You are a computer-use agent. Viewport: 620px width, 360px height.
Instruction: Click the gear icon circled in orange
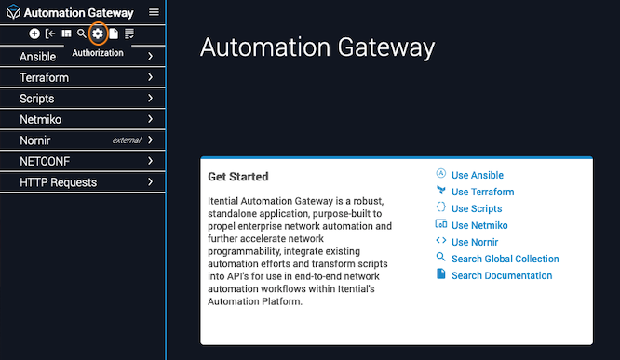[x=98, y=33]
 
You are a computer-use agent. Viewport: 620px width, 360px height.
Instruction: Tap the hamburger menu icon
[x=154, y=12]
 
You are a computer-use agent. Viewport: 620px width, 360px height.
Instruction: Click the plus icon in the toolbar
[x=34, y=33]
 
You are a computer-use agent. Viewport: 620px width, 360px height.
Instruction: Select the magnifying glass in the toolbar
[x=81, y=33]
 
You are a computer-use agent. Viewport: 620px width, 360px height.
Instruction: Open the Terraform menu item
[x=44, y=77]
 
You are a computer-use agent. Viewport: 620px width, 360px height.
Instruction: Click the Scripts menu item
[x=37, y=99]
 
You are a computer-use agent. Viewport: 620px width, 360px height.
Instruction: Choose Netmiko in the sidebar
[x=40, y=119]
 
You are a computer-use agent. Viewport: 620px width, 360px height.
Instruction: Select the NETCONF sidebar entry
[x=45, y=161]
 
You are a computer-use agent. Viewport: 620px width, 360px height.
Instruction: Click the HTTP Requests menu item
[x=58, y=182]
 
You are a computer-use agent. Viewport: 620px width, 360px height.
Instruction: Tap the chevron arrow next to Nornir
[x=150, y=140]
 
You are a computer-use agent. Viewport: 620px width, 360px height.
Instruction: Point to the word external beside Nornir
[x=127, y=140]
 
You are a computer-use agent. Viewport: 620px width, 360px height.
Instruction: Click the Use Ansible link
[x=478, y=175]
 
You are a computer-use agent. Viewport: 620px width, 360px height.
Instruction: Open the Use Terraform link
[x=483, y=192]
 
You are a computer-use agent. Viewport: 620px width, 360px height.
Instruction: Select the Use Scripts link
[x=477, y=208]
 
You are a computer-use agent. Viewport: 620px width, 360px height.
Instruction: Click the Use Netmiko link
[x=479, y=225]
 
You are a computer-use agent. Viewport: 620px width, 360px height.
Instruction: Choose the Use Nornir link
[x=475, y=242]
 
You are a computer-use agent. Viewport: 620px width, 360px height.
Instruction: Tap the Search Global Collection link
[x=505, y=259]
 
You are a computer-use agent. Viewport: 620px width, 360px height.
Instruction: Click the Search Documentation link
[x=502, y=275]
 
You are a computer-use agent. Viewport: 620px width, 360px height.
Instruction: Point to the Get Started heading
[x=238, y=177]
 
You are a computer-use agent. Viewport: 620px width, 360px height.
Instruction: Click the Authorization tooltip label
[x=98, y=53]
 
